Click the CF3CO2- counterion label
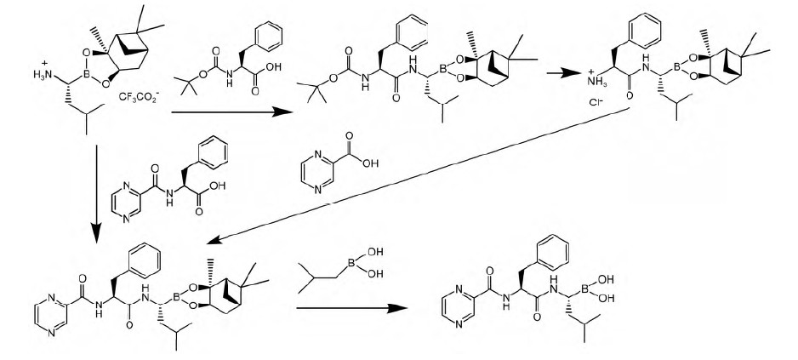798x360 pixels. (x=138, y=96)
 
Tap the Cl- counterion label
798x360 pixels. (x=595, y=102)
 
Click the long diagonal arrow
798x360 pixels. (x=419, y=174)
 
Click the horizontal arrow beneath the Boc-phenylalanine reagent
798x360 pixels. (x=232, y=111)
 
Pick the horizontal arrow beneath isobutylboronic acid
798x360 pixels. (x=352, y=308)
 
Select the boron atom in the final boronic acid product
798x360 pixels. (x=584, y=289)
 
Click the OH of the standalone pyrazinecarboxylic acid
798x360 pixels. (x=371, y=163)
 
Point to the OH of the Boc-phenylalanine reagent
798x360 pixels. (x=273, y=66)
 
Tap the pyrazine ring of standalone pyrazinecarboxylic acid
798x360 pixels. (x=318, y=173)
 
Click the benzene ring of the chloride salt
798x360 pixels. (x=644, y=29)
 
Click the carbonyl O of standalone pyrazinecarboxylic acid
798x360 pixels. (x=349, y=136)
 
